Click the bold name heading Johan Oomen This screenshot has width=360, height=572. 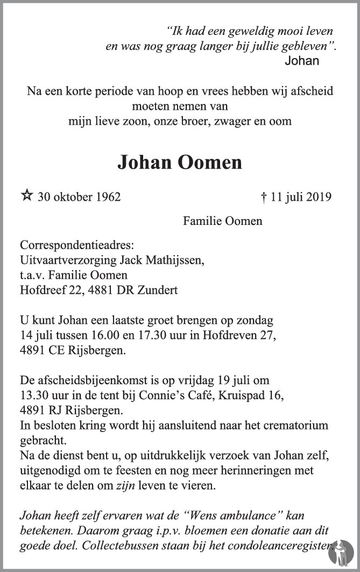click(180, 162)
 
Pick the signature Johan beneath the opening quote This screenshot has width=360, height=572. click(302, 61)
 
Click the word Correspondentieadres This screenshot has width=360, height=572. click(76, 246)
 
